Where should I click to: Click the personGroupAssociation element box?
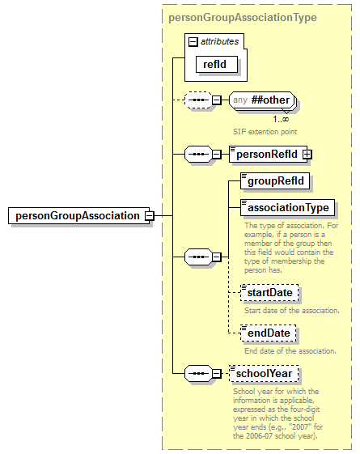tap(76, 216)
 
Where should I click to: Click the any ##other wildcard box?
tap(260, 100)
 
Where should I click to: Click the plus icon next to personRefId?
tap(307, 153)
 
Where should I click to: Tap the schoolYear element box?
tap(265, 373)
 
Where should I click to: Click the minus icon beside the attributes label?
tap(193, 41)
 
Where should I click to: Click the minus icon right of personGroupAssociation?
tap(149, 216)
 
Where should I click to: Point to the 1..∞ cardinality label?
tap(280, 118)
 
